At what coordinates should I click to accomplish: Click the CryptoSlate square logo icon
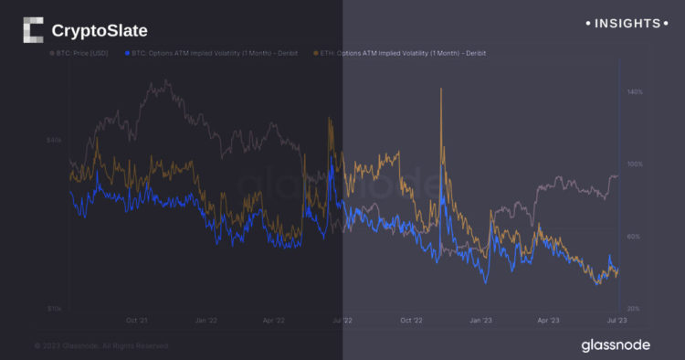coord(32,30)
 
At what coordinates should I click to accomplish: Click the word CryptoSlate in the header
coord(99,31)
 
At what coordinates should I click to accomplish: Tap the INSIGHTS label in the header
coord(626,22)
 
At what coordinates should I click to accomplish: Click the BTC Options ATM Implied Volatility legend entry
coord(212,54)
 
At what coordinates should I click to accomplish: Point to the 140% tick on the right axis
coord(635,92)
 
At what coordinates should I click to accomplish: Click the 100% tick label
coord(635,164)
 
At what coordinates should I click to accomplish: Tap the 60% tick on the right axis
coord(635,237)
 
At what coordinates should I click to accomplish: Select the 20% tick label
coord(635,309)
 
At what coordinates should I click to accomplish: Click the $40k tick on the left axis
coord(54,140)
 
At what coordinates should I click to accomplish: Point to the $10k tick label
coord(54,309)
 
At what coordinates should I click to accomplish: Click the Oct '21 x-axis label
coord(137,321)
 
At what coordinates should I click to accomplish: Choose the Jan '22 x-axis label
coord(206,321)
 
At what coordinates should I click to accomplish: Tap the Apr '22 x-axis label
coord(274,321)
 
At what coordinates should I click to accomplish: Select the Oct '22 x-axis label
coord(411,321)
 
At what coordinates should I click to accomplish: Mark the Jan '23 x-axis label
coord(480,321)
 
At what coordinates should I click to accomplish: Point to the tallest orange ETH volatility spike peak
coord(441,89)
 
